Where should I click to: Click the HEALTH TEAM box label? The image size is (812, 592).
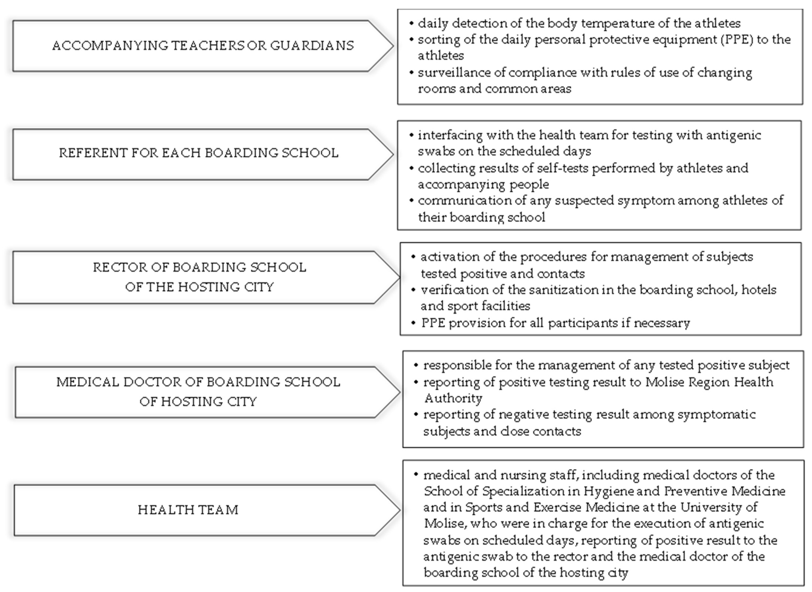[x=188, y=510]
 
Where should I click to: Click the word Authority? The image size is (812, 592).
[x=453, y=398]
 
